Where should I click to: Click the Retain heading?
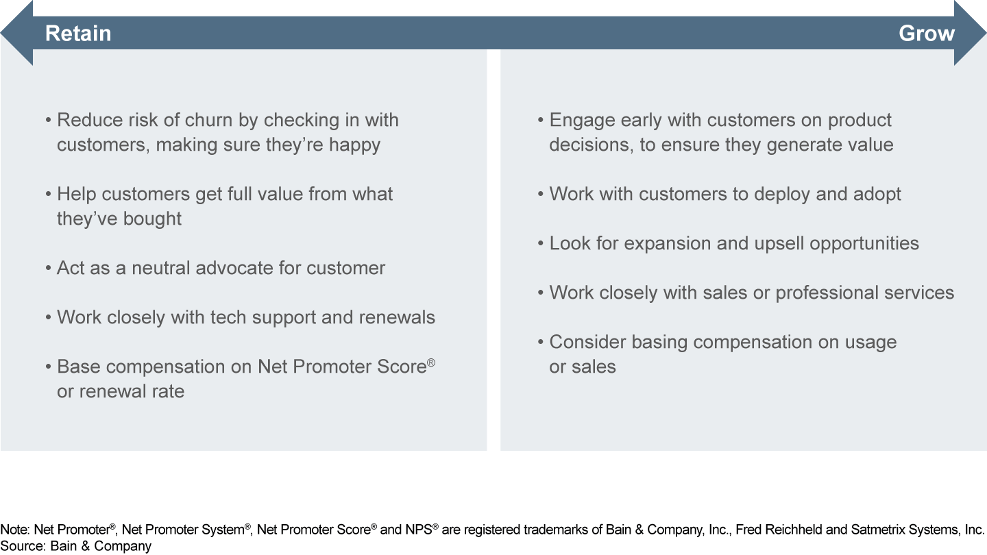tap(78, 34)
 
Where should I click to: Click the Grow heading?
tap(927, 34)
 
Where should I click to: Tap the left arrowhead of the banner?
tap(16, 33)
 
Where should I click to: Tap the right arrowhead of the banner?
tap(971, 33)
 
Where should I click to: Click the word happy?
tap(355, 145)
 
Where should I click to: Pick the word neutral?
tap(160, 268)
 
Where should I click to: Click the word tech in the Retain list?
tap(228, 317)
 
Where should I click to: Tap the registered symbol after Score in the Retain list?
tap(431, 362)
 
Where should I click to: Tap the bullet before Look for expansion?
tap(541, 244)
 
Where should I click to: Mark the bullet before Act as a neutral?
tap(49, 269)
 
